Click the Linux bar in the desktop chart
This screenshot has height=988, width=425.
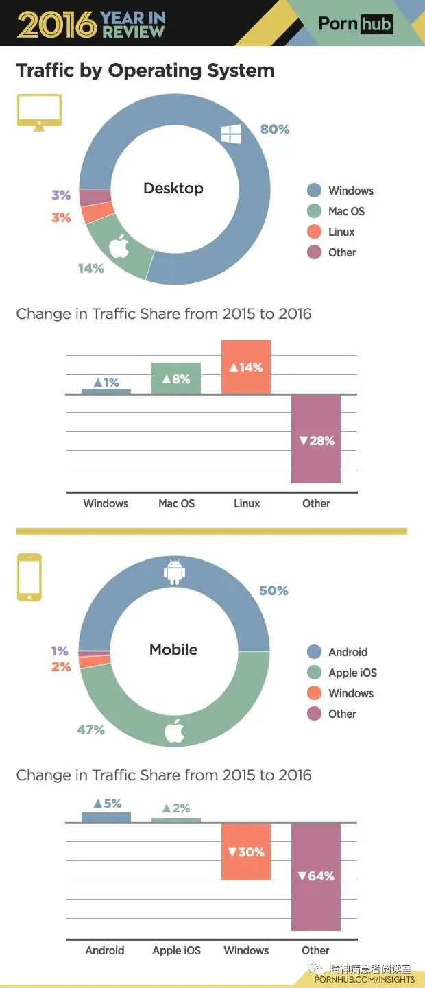coord(246,367)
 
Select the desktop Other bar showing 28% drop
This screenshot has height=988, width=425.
coord(316,439)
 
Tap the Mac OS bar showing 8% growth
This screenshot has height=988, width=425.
coord(176,378)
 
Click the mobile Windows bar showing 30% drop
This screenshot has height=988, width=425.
coord(246,852)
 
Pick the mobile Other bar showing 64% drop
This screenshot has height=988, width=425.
coord(316,876)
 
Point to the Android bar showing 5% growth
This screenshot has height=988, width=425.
coord(106,817)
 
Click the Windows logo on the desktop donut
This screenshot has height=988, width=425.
coord(231,134)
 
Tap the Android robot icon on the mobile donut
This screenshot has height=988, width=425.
coord(175,573)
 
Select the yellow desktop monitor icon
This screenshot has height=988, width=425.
coord(39,112)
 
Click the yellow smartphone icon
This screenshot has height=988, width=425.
coord(29,577)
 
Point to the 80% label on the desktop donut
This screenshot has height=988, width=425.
coord(275,129)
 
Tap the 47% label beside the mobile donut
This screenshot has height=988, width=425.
coord(90,730)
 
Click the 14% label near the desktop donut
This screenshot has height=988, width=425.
coord(90,268)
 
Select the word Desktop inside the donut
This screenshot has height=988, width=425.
coord(173,189)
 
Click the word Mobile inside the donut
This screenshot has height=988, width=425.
coord(173,649)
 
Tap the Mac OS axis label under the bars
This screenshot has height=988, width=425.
coord(176,503)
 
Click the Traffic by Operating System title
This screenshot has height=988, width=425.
coord(145,71)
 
